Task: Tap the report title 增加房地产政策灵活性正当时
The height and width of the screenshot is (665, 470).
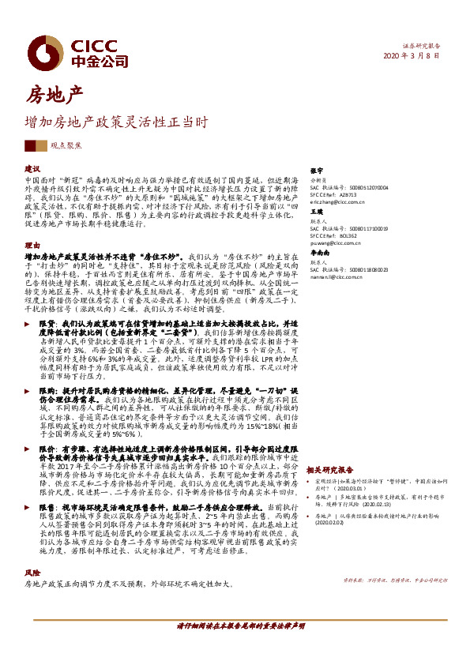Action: point(116,123)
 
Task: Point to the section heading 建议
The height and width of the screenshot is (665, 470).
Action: point(32,170)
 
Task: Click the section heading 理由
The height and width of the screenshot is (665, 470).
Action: point(32,245)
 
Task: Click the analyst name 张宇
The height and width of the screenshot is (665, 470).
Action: point(316,170)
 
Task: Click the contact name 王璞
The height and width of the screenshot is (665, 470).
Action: point(316,212)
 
